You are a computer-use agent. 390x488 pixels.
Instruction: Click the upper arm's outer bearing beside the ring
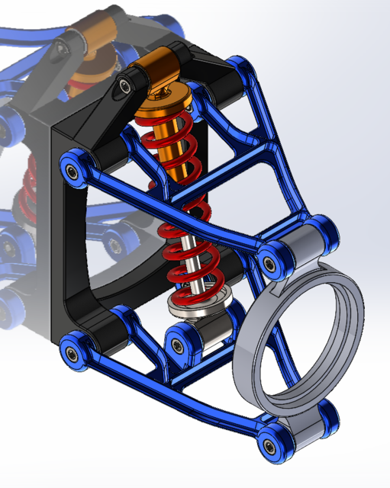coord(269,261)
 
